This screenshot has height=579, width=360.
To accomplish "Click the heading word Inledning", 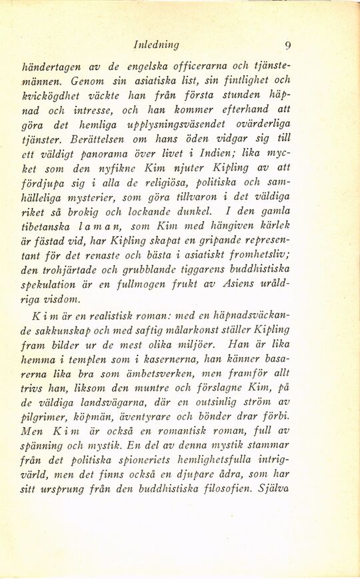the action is (156, 45).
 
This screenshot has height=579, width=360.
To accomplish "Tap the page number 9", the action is (287, 45).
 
